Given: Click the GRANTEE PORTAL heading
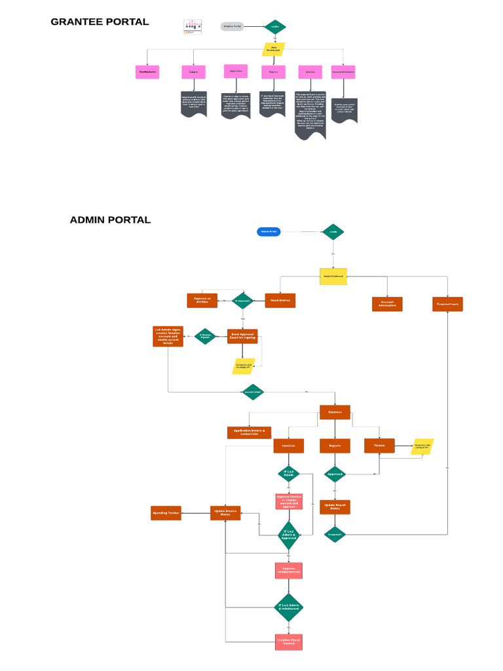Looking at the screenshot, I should click(x=100, y=22).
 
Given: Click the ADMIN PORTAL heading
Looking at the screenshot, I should click(x=110, y=220).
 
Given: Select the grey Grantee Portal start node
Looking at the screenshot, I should click(x=232, y=27).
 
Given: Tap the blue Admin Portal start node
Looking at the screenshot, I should click(x=269, y=231).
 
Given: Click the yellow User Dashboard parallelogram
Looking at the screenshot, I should click(x=274, y=49).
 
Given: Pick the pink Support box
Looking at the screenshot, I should click(x=194, y=72).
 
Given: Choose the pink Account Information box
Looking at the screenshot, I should click(x=343, y=72).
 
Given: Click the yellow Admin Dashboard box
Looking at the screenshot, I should click(x=333, y=276).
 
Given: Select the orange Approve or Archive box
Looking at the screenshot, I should click(x=202, y=301).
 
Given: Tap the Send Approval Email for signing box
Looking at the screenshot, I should click(x=242, y=336).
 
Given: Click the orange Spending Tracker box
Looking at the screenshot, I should click(x=166, y=513).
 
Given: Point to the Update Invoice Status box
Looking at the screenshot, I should click(x=225, y=513).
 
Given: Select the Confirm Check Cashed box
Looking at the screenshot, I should click(x=289, y=642).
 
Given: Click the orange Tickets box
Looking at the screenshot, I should click(x=379, y=446).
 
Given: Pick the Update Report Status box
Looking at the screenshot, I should click(x=335, y=507).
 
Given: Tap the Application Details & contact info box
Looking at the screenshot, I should click(x=249, y=432).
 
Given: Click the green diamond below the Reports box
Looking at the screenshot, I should click(x=335, y=474).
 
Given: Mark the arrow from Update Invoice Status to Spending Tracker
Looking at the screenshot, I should click(x=196, y=513).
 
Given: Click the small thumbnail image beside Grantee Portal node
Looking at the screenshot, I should click(x=192, y=27).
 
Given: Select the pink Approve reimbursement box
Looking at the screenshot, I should click(x=289, y=570).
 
